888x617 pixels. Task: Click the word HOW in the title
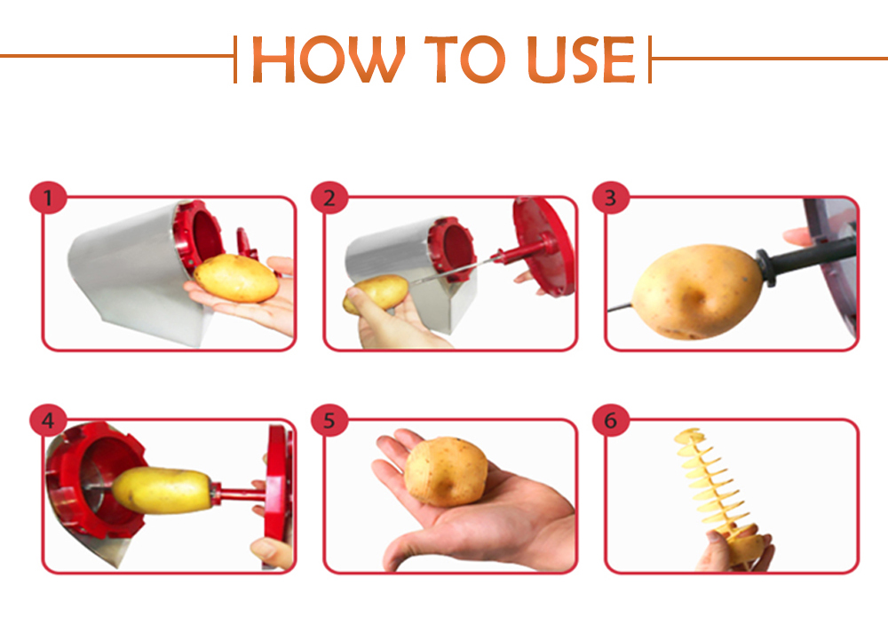click(329, 59)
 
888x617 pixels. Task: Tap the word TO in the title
click(464, 59)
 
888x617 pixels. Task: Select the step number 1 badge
click(48, 198)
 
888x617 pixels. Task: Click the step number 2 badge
click(329, 198)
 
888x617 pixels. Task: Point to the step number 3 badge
click(611, 198)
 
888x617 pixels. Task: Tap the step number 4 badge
click(48, 420)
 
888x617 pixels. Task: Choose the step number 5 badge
click(329, 420)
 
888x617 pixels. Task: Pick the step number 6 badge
click(611, 420)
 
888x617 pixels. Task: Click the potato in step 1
click(236, 277)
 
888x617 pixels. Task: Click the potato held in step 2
click(376, 294)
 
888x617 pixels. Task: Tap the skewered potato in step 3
click(697, 291)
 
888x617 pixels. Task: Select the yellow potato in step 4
click(163, 490)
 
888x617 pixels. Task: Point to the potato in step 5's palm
click(446, 471)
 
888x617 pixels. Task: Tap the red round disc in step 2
click(543, 246)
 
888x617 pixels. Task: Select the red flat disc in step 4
click(279, 497)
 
